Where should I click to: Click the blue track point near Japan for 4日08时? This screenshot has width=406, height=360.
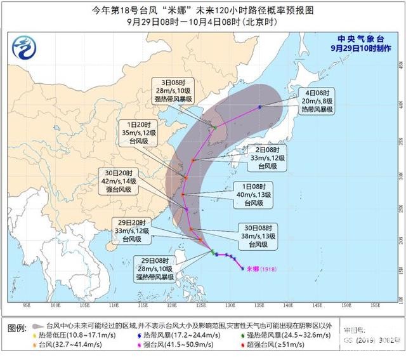tap(259, 107)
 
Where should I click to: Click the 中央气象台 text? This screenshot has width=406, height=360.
tap(369, 37)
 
